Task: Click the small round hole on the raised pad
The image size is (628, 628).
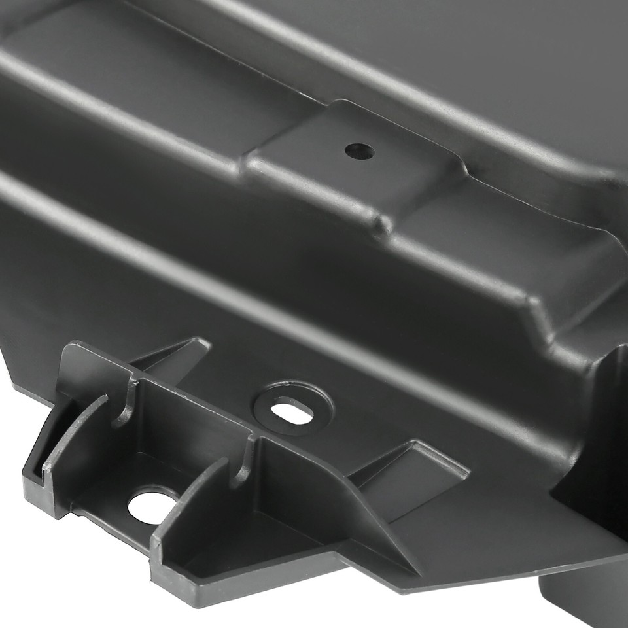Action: point(360,151)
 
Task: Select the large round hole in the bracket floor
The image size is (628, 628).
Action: point(147,504)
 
